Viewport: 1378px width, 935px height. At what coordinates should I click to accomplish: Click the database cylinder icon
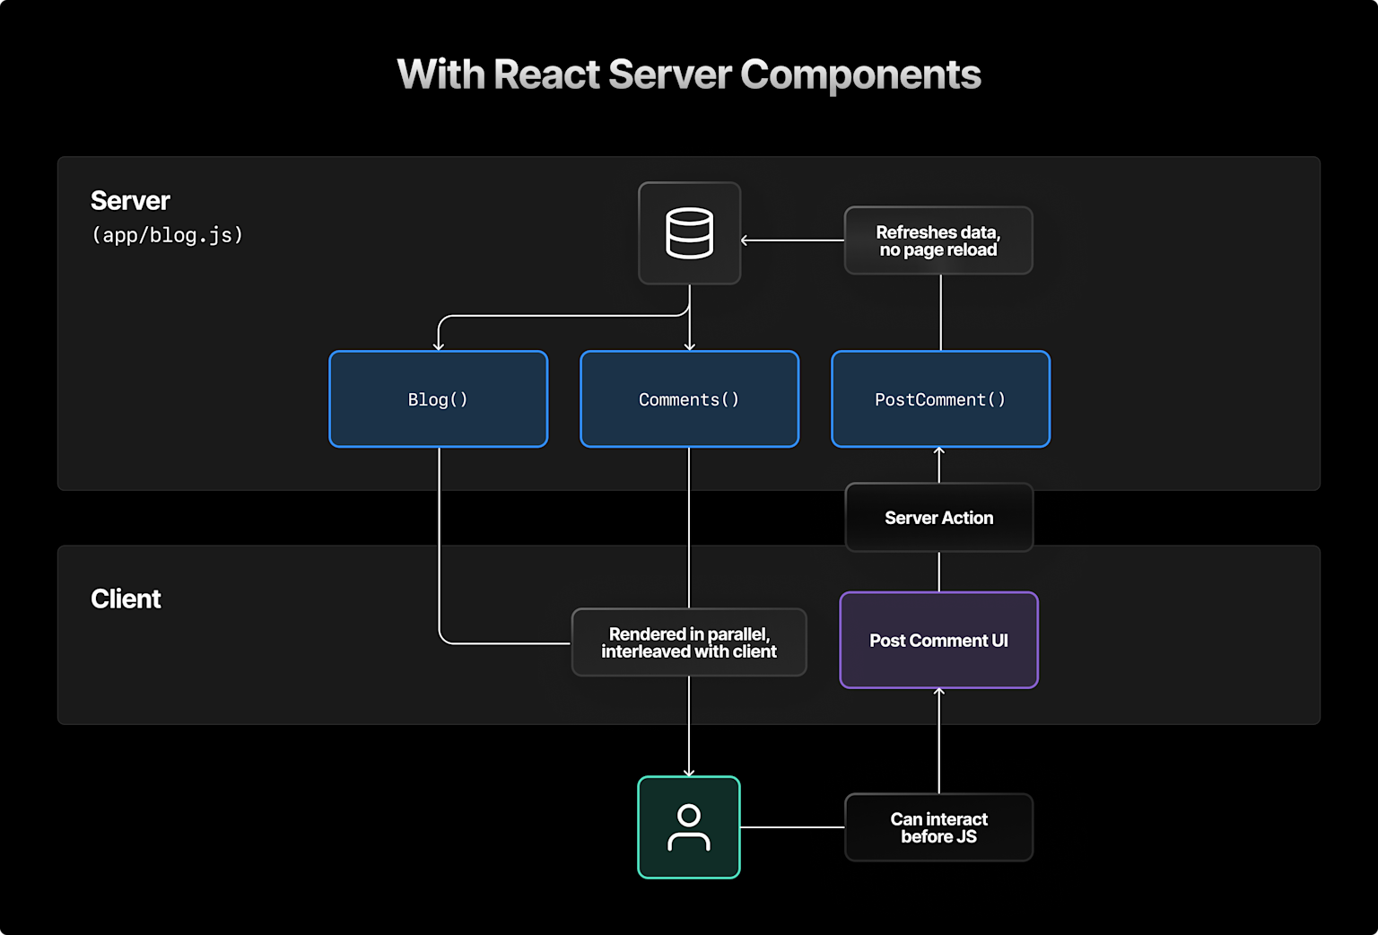[689, 233]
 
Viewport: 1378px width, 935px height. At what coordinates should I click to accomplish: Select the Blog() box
[438, 399]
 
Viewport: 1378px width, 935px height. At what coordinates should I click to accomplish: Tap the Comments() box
[689, 399]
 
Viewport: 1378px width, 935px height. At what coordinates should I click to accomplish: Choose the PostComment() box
[940, 399]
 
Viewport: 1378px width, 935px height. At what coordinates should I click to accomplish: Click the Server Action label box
[938, 518]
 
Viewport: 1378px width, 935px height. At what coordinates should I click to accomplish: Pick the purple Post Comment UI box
[938, 641]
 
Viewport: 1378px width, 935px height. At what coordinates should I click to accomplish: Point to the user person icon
[689, 827]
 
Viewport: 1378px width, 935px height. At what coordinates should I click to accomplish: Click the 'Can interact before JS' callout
[938, 827]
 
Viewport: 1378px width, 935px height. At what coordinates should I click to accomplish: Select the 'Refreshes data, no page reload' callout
[938, 240]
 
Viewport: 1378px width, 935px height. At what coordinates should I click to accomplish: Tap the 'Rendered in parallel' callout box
[689, 642]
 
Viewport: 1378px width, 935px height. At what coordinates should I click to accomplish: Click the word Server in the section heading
[130, 201]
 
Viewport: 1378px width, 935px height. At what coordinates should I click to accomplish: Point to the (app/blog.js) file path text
[168, 235]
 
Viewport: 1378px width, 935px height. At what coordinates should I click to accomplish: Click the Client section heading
[126, 599]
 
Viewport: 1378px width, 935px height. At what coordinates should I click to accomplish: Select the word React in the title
[546, 74]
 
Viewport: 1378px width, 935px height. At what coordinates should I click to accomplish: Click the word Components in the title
[860, 74]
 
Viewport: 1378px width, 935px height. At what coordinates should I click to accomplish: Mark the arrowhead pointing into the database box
[745, 240]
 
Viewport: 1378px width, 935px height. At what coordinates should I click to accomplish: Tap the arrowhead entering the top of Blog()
[439, 346]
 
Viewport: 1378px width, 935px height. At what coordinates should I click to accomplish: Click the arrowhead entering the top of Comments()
[689, 346]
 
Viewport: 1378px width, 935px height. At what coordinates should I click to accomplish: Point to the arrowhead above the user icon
[689, 772]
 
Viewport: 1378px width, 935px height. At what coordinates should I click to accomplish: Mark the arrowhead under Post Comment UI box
[939, 692]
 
